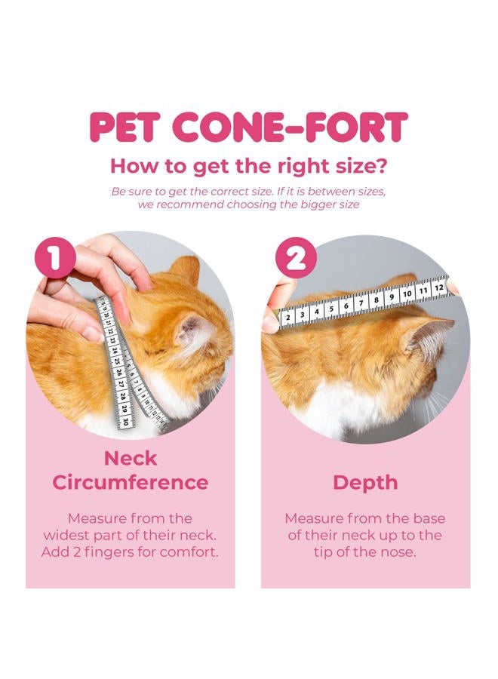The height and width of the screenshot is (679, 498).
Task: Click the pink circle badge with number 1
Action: click(x=54, y=259)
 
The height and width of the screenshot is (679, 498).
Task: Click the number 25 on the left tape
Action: click(x=118, y=361)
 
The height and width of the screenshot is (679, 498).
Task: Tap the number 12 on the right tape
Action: click(x=438, y=288)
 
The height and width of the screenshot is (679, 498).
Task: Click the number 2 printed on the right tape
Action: click(x=288, y=318)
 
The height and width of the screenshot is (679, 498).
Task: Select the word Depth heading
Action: click(x=365, y=484)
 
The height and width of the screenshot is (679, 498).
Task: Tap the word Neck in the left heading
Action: click(x=130, y=458)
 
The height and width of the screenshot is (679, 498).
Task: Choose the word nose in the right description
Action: click(x=401, y=551)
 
